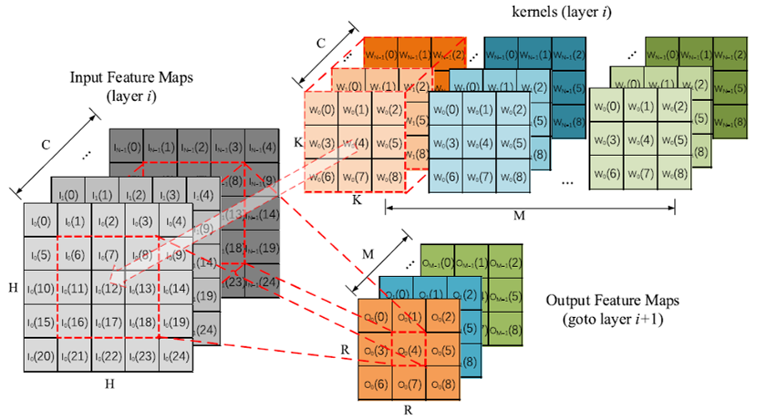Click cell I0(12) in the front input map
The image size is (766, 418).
108,288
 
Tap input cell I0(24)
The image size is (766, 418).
177,356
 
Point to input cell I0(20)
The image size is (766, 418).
40,356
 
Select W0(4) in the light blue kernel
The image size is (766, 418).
480,143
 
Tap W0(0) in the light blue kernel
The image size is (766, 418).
446,110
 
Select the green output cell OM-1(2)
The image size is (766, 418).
504,265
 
